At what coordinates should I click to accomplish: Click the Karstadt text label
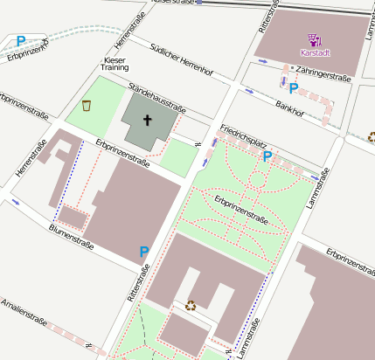pos(316,52)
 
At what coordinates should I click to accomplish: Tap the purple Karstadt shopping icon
pos(316,38)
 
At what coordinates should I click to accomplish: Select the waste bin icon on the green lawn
pos(87,106)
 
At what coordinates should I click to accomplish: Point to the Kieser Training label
pos(115,62)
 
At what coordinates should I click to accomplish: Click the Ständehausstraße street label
pos(157,97)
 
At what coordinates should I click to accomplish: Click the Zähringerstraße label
pos(323,77)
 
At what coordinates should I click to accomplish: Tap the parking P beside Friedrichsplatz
pos(267,156)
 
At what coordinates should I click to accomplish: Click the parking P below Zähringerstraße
pos(294,88)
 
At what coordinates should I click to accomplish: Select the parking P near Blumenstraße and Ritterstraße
pos(144,252)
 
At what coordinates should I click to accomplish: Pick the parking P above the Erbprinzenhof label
pos(20,40)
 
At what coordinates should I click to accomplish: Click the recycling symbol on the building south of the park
pos(191,305)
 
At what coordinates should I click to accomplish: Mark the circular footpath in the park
pos(257,181)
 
